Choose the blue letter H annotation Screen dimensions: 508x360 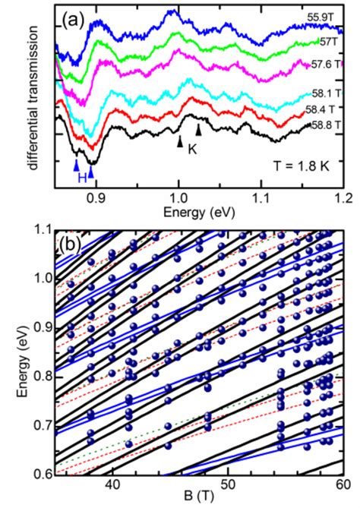click(83, 177)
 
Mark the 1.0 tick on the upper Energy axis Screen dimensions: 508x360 click(178, 195)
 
